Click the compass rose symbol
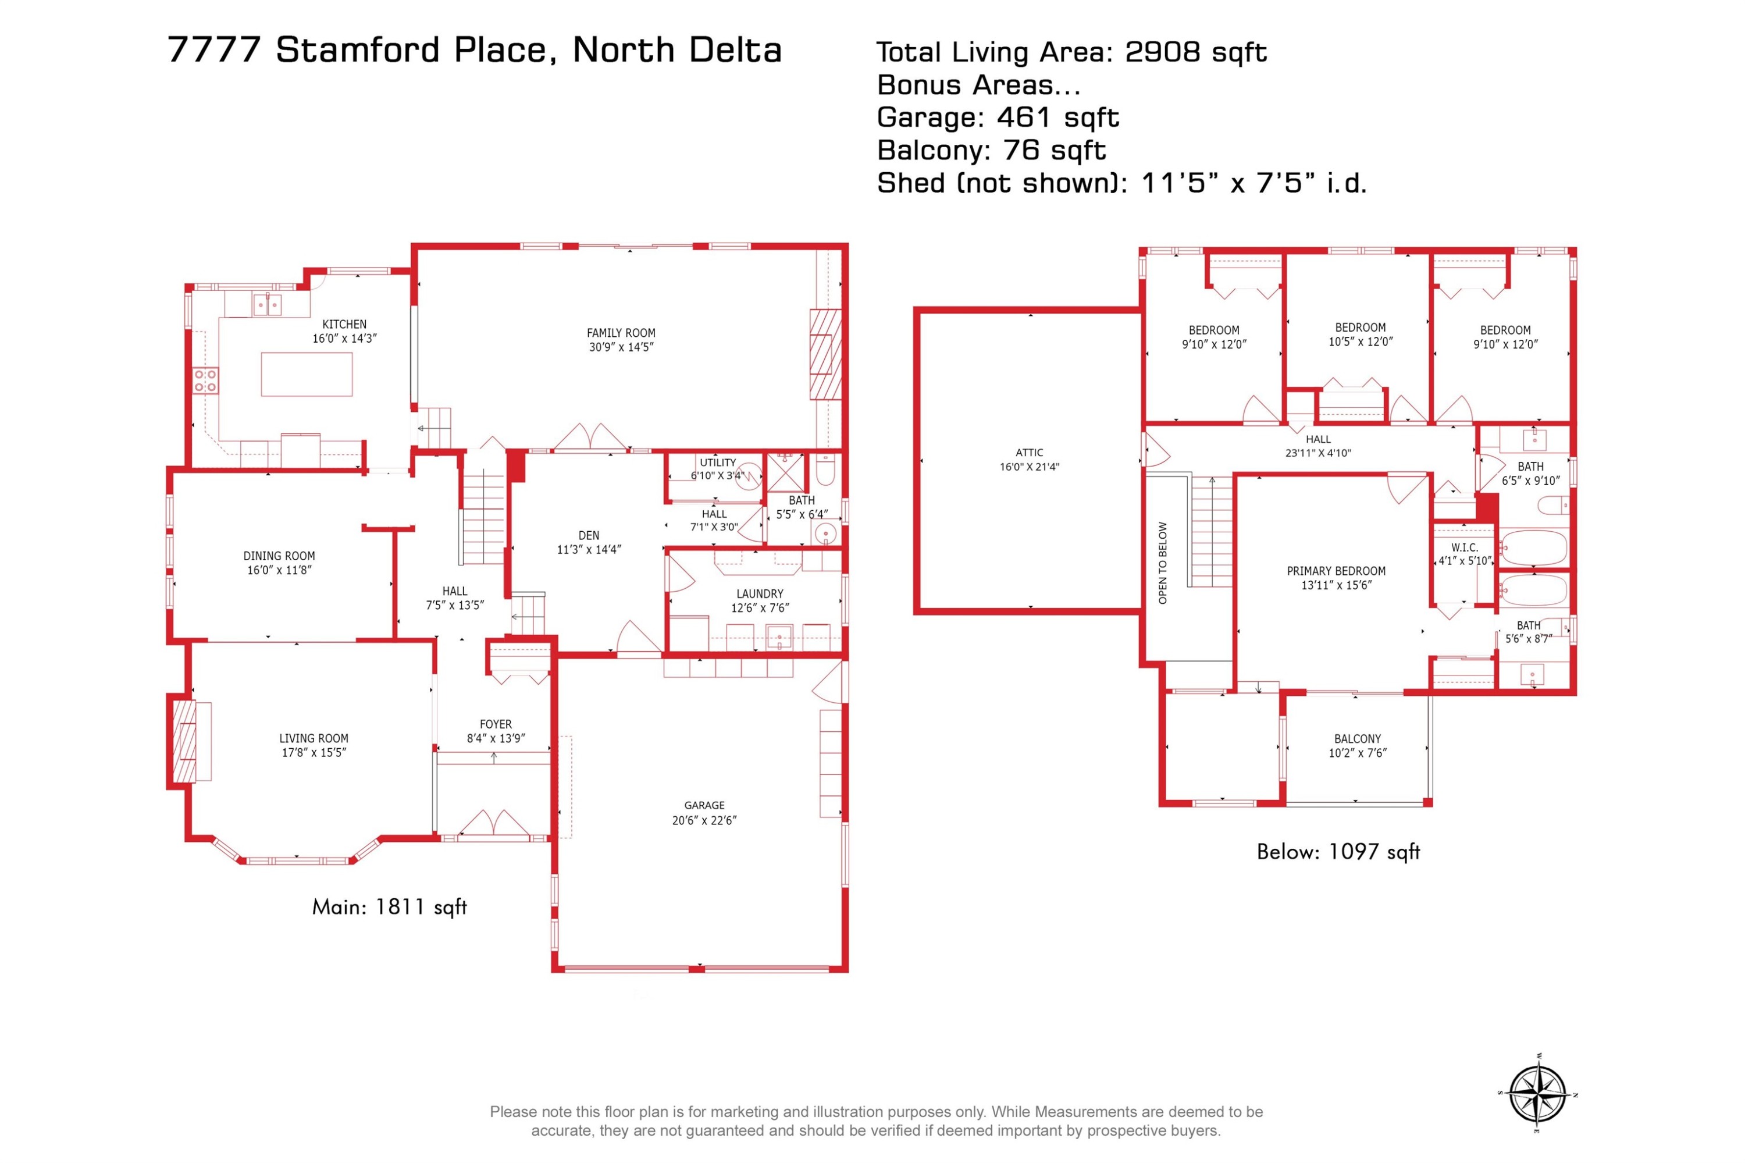(x=1538, y=1094)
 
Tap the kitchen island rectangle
(x=307, y=375)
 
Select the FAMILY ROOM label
(x=621, y=333)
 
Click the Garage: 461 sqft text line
(x=998, y=117)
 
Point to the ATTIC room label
(x=1030, y=453)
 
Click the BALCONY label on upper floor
(x=1357, y=739)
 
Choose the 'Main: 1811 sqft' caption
(x=389, y=907)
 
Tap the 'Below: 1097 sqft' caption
(x=1338, y=852)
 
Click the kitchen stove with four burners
(x=205, y=381)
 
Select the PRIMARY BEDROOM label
(x=1336, y=571)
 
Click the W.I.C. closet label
(x=1464, y=547)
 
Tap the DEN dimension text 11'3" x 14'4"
(x=589, y=550)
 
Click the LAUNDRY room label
(x=760, y=594)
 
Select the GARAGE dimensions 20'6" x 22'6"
(x=704, y=820)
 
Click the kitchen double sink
(x=267, y=304)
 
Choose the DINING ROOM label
(x=279, y=556)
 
